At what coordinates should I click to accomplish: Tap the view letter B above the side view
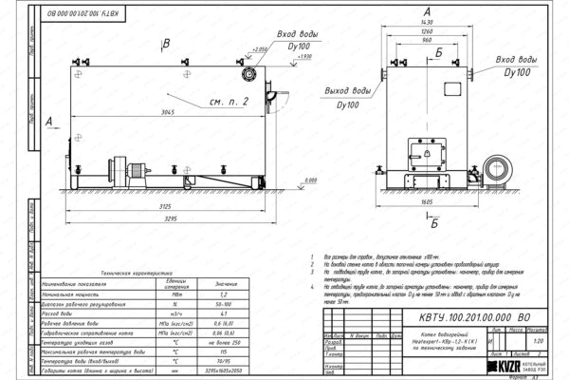[165, 45]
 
